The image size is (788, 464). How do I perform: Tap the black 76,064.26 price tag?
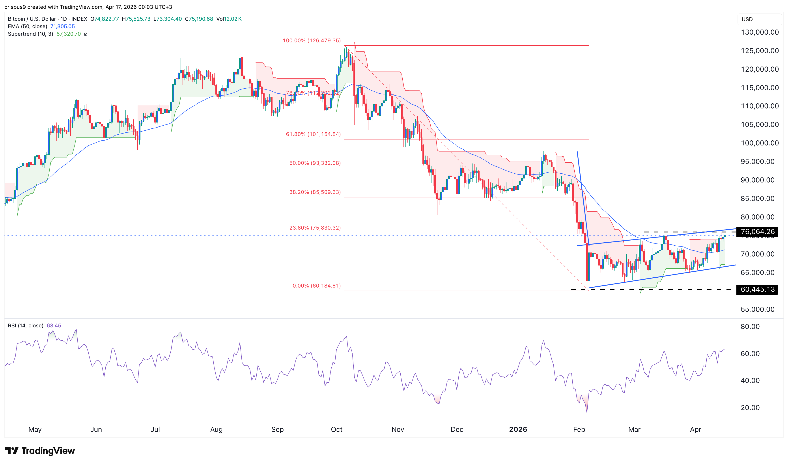point(757,232)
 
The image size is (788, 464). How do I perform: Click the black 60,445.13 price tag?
point(757,290)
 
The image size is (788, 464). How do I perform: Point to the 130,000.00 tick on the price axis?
point(760,32)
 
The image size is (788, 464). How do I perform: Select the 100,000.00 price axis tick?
point(760,143)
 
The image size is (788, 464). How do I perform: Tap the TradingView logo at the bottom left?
point(40,451)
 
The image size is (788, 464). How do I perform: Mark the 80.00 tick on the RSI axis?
point(750,327)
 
